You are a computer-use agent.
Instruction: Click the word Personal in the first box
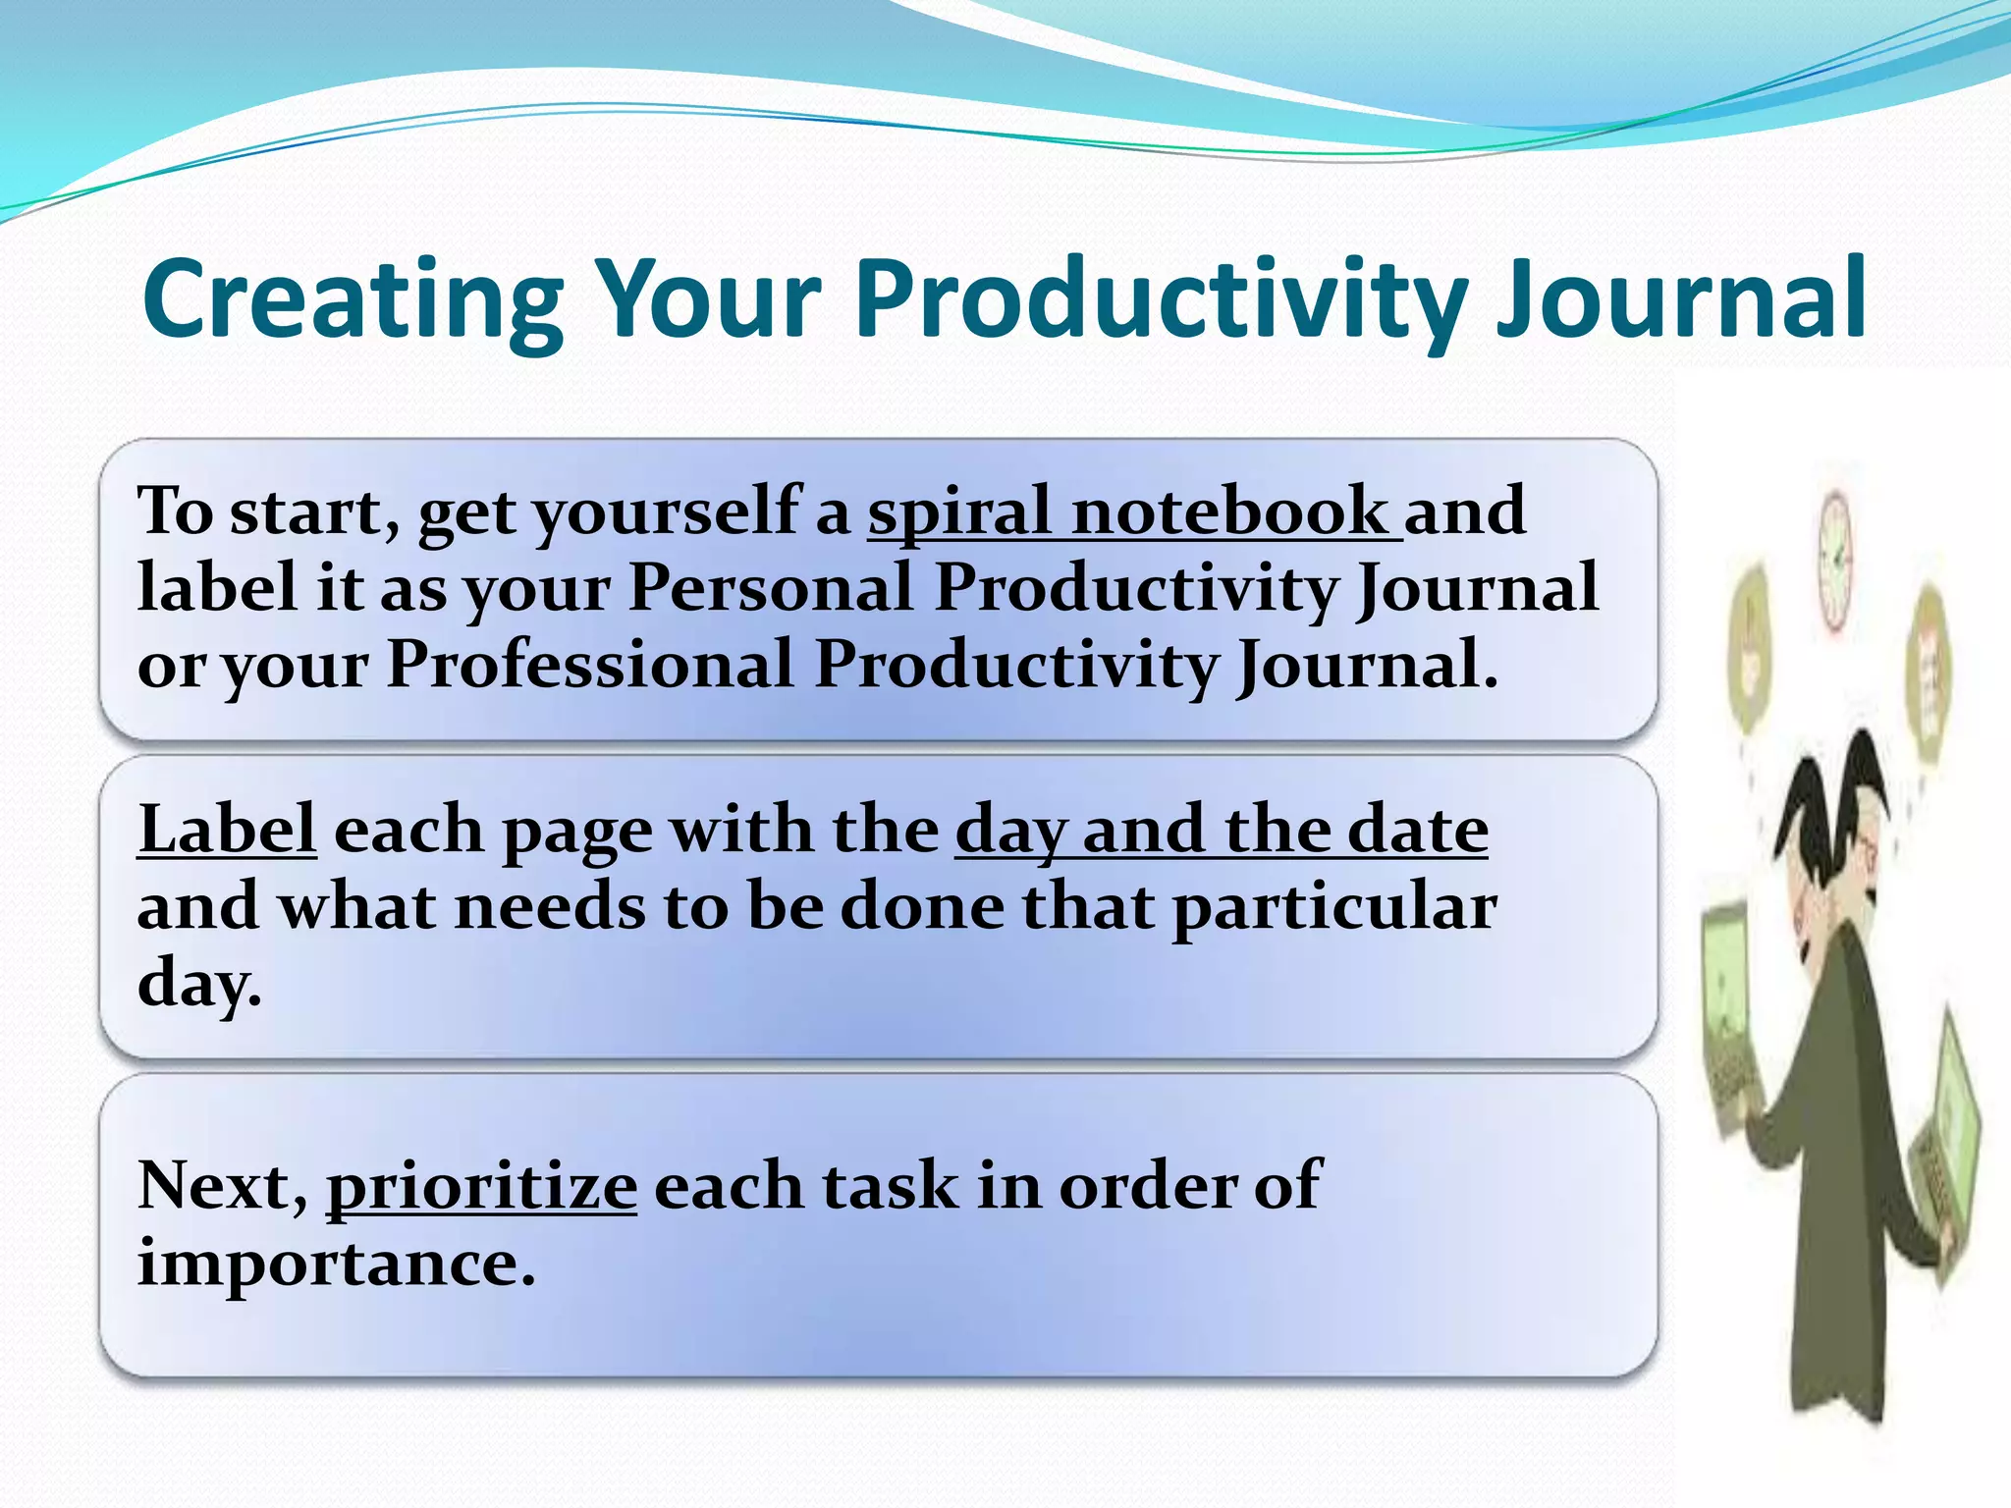[771, 587]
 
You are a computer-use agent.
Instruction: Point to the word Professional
[589, 665]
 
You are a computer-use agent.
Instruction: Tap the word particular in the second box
[1335, 905]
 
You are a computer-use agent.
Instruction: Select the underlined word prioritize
[481, 1186]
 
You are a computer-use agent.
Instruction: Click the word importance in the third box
[336, 1263]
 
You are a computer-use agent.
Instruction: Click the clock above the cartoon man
[1834, 560]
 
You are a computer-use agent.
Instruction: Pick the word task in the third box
[889, 1186]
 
